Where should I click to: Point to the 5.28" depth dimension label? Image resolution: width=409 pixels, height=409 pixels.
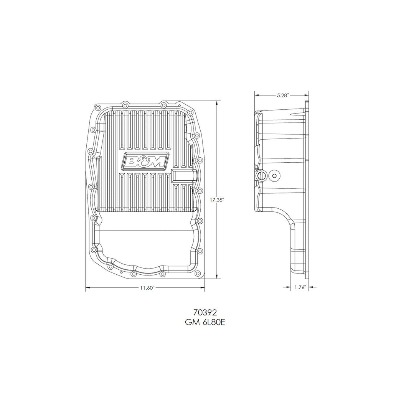click(282, 94)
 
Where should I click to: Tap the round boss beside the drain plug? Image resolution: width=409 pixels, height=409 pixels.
click(275, 176)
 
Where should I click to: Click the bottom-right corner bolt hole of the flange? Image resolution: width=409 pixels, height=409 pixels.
click(198, 274)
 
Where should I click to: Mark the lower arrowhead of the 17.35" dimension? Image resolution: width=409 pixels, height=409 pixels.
click(218, 276)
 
